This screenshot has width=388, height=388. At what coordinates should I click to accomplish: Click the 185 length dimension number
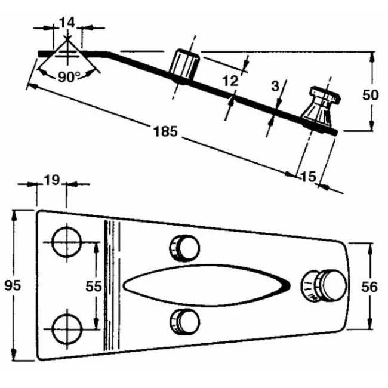tap(165, 131)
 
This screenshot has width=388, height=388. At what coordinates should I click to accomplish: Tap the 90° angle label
tap(69, 77)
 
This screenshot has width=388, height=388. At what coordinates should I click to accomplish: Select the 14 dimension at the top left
tap(67, 23)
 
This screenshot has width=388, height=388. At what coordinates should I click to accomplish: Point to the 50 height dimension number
tap(371, 95)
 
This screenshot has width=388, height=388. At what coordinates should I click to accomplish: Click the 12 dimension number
tap(230, 81)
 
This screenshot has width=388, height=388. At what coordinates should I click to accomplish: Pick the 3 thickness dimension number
tap(275, 86)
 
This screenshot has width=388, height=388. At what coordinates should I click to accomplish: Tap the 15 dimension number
tap(309, 177)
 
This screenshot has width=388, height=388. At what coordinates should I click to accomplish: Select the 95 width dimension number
tap(13, 285)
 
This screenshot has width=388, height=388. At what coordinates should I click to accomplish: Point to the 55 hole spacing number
tap(94, 287)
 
